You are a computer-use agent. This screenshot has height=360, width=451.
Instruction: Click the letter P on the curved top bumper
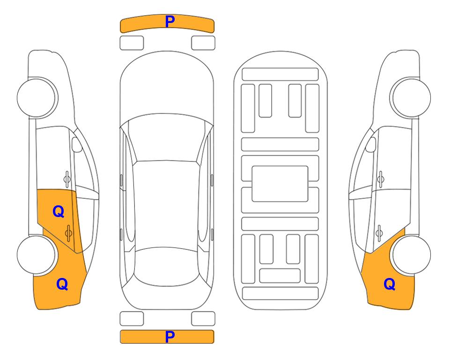point(170,22)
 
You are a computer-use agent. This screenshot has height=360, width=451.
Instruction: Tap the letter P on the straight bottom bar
point(170,337)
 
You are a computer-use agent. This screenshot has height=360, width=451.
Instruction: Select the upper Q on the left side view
point(59,212)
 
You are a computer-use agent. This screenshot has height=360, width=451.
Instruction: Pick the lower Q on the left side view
point(62,284)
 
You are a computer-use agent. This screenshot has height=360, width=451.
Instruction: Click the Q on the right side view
point(390,284)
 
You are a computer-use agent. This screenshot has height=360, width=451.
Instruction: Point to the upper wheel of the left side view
point(37,97)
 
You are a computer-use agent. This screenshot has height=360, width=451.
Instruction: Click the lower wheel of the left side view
point(37,255)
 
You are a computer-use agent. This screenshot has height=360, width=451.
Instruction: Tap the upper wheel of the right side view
point(411,97)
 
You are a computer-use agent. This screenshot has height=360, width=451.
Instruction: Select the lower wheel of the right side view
point(411,255)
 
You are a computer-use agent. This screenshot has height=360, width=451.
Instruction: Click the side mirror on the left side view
point(77,144)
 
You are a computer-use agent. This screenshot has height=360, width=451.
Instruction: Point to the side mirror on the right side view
point(371,144)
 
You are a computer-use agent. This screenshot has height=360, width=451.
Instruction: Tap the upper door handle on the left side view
point(67,179)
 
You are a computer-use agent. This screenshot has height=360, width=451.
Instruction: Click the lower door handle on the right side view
point(379,233)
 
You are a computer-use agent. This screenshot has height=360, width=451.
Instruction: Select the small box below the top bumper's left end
point(132,43)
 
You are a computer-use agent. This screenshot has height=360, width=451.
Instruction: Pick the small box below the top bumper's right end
point(203,43)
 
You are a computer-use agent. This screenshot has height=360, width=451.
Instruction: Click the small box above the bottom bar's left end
point(132,319)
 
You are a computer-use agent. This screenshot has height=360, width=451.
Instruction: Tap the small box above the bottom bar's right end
point(203,319)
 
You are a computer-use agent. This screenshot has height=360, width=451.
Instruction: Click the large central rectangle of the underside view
point(280,184)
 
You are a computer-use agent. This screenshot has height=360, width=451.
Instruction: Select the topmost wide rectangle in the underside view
point(280,75)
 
